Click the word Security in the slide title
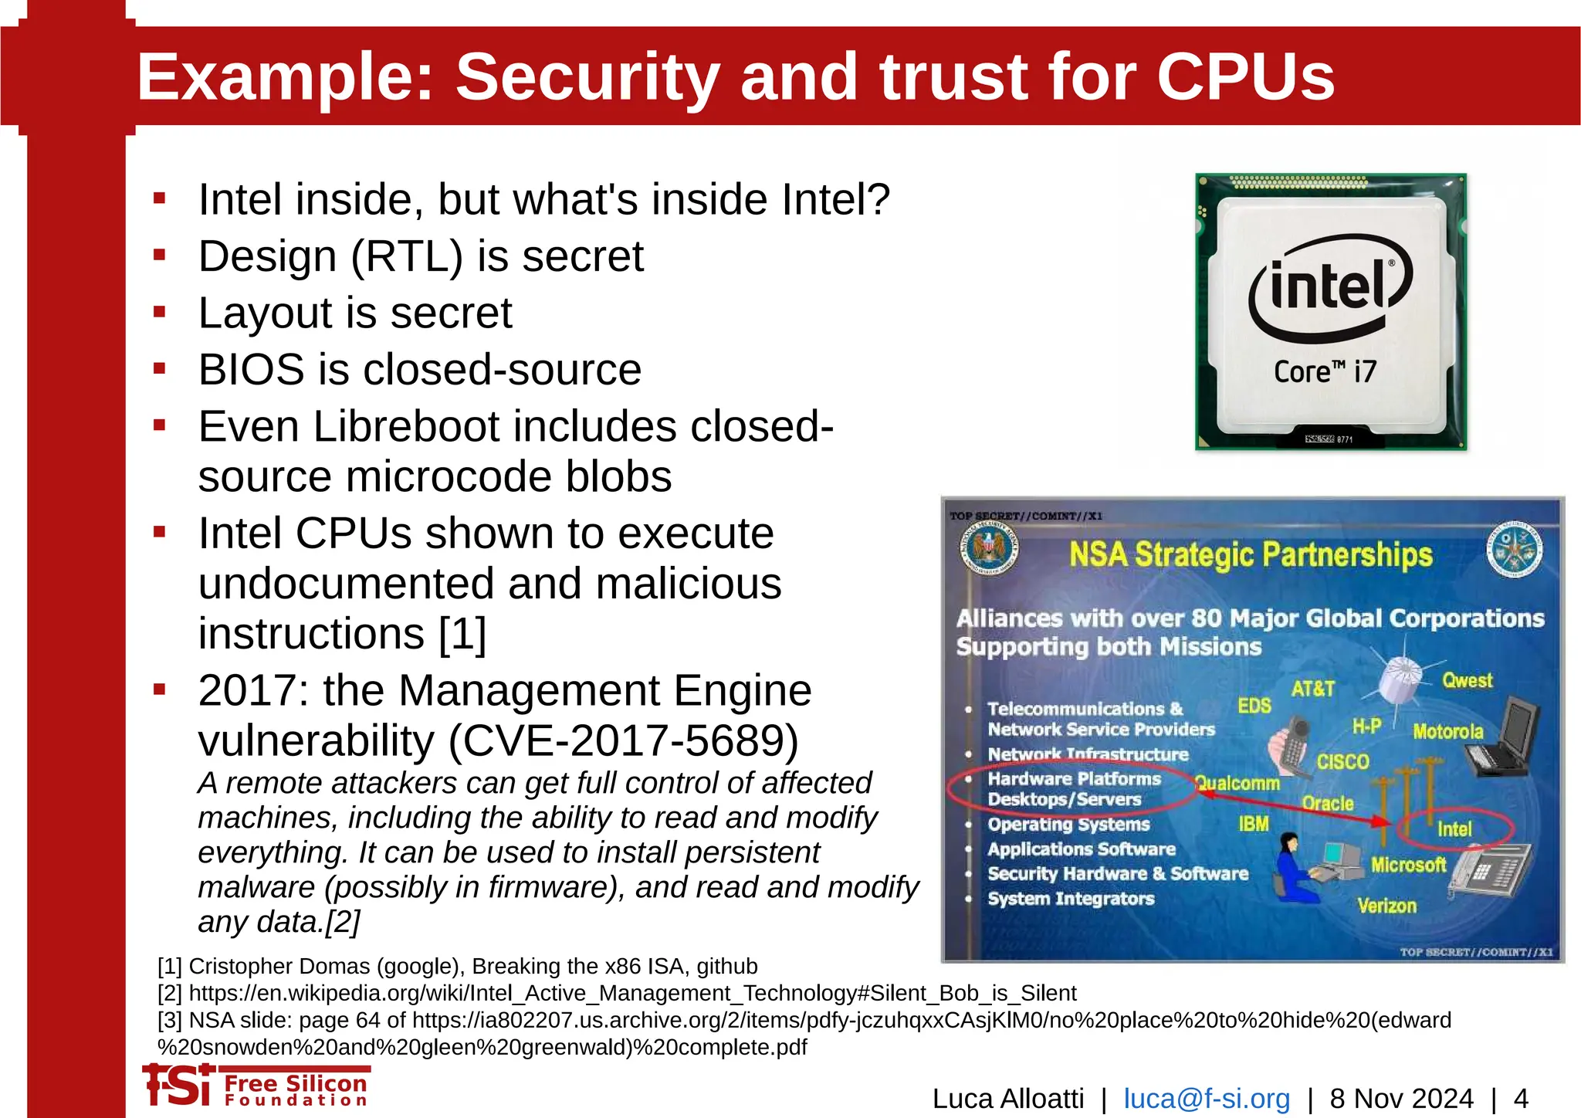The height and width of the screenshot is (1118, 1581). pyautogui.click(x=587, y=77)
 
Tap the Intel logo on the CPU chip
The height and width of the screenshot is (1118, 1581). pyautogui.click(x=1330, y=287)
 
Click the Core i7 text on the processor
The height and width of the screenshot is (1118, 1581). pyautogui.click(x=1325, y=371)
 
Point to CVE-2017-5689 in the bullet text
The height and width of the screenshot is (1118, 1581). pyautogui.click(x=623, y=740)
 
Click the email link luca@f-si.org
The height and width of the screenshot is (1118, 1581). pyautogui.click(x=1207, y=1098)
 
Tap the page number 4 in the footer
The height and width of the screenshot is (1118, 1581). pyautogui.click(x=1521, y=1098)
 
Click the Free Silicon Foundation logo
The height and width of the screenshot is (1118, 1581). pyautogui.click(x=256, y=1086)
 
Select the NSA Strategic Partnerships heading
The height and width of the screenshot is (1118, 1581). pyautogui.click(x=1250, y=554)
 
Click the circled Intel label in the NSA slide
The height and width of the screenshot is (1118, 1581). pyautogui.click(x=1454, y=829)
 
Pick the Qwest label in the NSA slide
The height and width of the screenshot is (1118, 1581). pyautogui.click(x=1467, y=680)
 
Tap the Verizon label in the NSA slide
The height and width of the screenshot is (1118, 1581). pyautogui.click(x=1386, y=905)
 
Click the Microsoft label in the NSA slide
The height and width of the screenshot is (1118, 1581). pyautogui.click(x=1408, y=865)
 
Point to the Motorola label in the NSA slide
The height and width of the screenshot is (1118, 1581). pyautogui.click(x=1448, y=731)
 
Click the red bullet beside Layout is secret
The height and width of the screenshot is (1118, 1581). pyautogui.click(x=160, y=313)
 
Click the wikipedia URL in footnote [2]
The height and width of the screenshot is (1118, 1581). pyautogui.click(x=632, y=993)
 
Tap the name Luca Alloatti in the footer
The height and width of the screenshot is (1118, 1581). pyautogui.click(x=1008, y=1098)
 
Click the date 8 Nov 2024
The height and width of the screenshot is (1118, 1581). pyautogui.click(x=1401, y=1098)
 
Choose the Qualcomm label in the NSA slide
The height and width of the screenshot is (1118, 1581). pyautogui.click(x=1237, y=783)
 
